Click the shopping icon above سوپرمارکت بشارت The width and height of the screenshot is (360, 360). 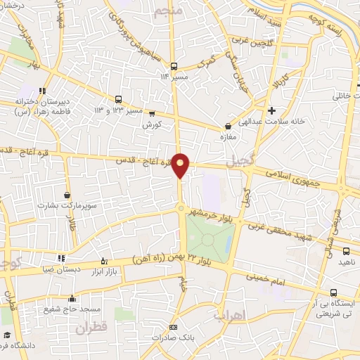tap(67, 195)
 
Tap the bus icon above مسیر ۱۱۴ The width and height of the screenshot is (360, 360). tap(174, 67)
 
